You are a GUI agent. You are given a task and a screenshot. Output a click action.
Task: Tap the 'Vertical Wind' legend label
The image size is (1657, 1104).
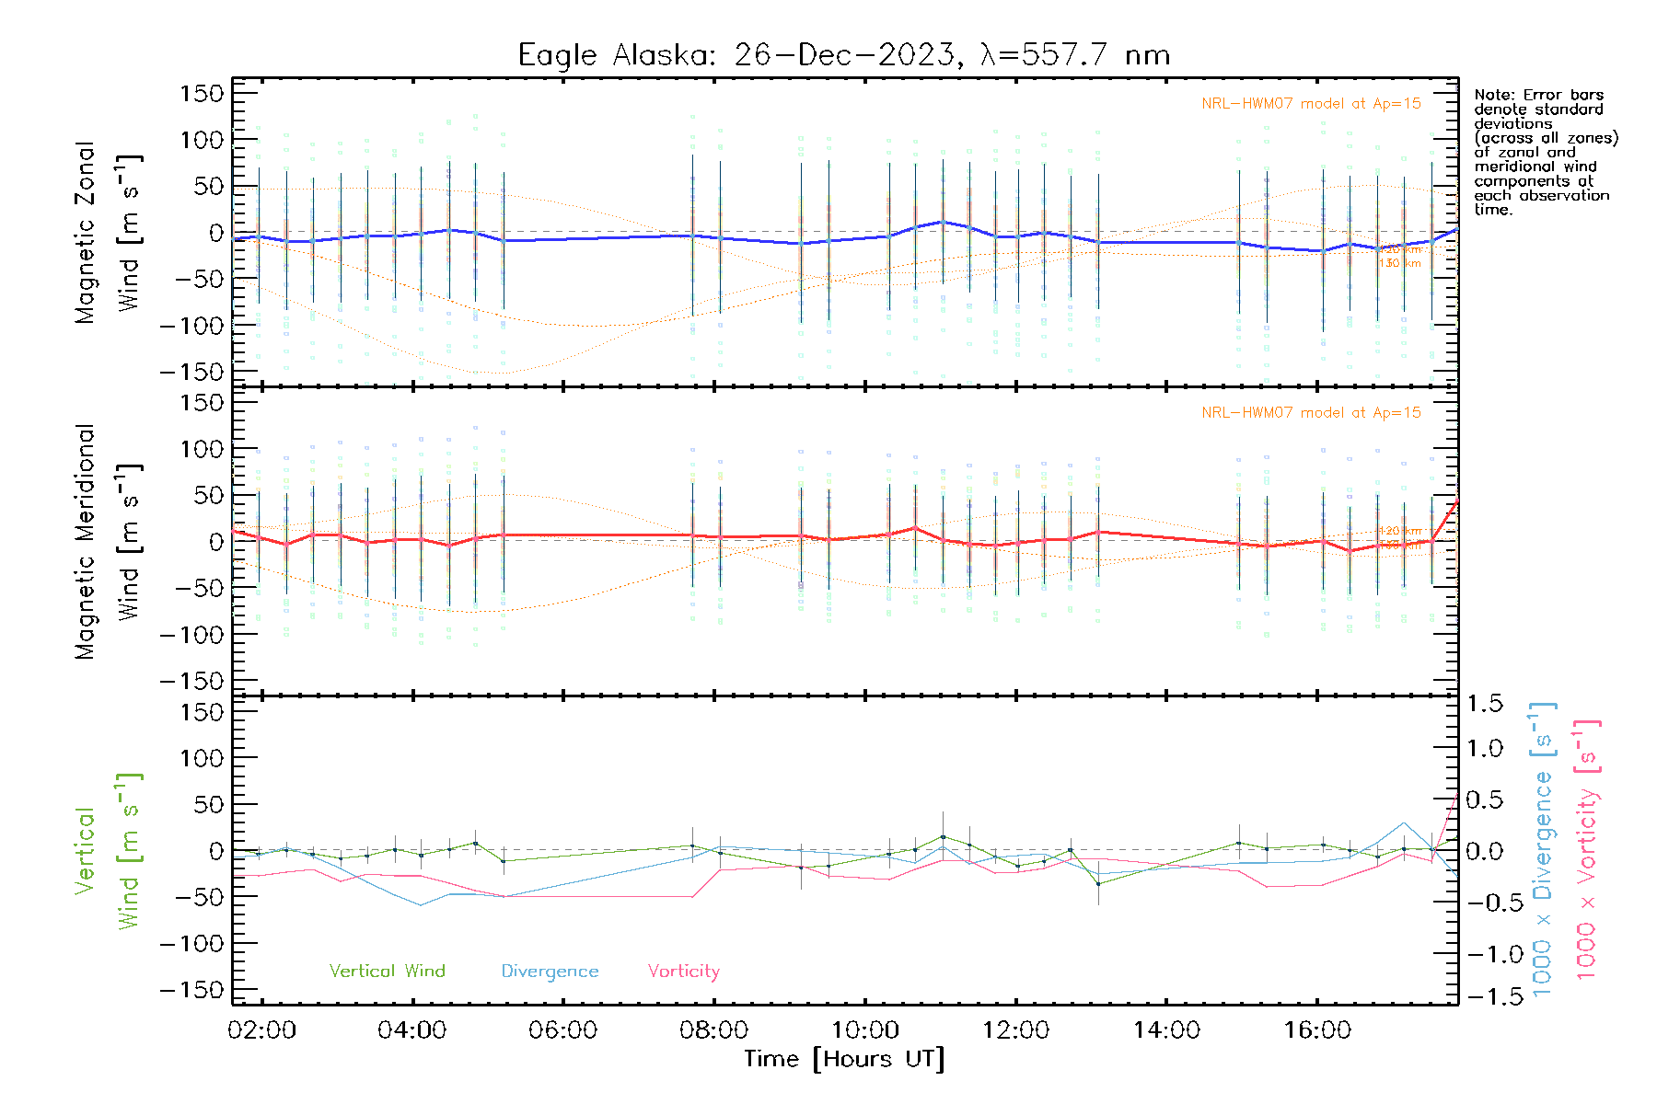[387, 971]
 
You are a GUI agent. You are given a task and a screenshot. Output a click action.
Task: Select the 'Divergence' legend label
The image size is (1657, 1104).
[550, 972]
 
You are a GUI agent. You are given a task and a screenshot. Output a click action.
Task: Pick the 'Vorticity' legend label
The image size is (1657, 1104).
[683, 971]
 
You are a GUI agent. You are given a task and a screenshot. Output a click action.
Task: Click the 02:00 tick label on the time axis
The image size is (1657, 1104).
[262, 1030]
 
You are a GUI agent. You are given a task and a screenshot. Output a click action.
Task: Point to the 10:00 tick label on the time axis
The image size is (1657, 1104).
[865, 1030]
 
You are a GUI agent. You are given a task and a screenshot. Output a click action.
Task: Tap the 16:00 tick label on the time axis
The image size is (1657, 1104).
[1317, 1030]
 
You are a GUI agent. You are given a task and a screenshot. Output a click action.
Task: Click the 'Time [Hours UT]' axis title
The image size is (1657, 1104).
[844, 1059]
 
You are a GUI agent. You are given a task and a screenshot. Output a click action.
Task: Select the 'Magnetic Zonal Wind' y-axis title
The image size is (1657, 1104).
[108, 232]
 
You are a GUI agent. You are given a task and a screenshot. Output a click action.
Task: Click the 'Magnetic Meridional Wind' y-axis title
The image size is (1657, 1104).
[108, 542]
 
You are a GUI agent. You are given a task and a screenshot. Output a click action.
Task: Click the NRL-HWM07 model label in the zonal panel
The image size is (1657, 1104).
[1311, 104]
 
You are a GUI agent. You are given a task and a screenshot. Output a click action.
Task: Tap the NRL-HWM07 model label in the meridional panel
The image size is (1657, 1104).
[1311, 413]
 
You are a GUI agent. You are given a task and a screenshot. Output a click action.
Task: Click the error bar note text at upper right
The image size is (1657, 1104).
[1545, 152]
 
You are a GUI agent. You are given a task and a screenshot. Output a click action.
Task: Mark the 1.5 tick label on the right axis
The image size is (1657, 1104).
[1484, 704]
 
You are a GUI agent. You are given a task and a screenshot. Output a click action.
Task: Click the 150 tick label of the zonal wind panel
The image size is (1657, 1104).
[203, 93]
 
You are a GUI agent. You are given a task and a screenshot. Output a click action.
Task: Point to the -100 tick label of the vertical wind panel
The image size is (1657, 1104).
[191, 944]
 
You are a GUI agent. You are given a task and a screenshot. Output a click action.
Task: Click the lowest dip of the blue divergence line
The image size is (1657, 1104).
[422, 905]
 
